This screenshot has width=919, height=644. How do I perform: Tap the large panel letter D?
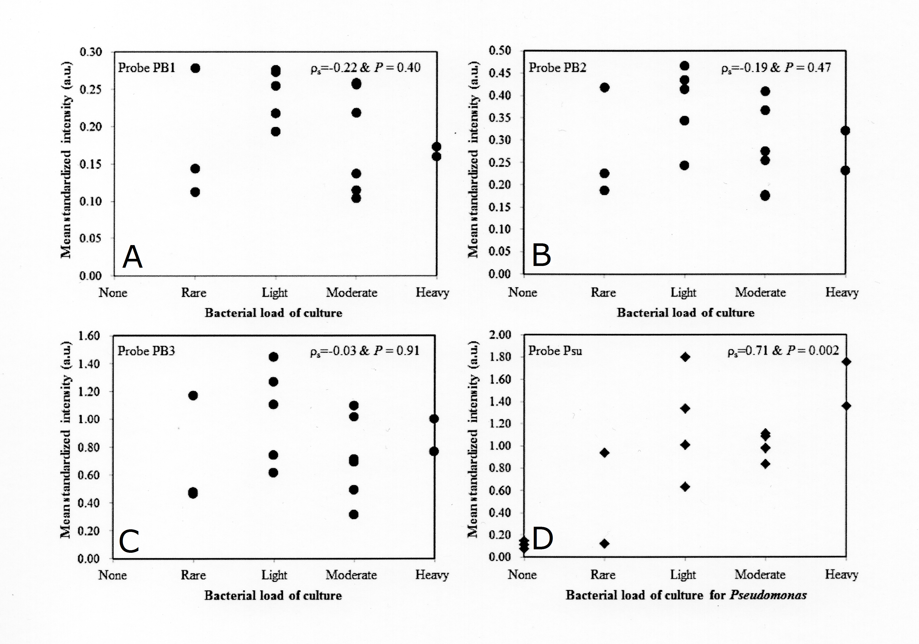point(542,539)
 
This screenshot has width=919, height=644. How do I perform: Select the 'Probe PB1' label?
point(146,68)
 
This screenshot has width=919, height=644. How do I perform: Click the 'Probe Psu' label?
point(555,351)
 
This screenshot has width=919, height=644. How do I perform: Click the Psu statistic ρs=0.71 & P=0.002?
point(783,351)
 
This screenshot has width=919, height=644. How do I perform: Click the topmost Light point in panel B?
point(685,66)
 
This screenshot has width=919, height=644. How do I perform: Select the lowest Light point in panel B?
point(685,165)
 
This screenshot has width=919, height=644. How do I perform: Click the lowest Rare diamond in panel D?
point(605,544)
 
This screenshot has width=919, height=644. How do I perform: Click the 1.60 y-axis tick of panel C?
point(89,335)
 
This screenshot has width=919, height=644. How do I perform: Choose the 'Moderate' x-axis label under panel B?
point(760,292)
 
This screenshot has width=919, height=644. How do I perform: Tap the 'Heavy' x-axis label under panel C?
point(432,575)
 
